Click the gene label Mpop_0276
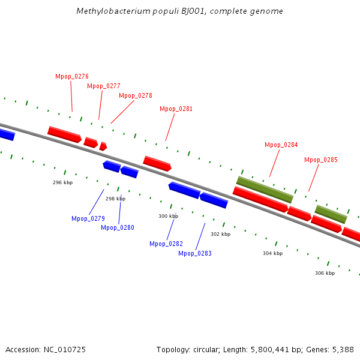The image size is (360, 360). (72, 76)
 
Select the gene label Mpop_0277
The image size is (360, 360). (104, 86)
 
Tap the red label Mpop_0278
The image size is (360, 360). (136, 96)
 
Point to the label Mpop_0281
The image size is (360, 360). (176, 109)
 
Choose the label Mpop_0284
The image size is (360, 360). (281, 145)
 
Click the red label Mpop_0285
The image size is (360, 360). (321, 160)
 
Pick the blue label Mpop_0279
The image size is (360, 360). (88, 218)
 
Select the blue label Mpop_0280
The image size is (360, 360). (118, 228)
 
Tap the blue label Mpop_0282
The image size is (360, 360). (166, 244)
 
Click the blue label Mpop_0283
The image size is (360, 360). (195, 253)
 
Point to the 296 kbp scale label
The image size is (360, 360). (62, 182)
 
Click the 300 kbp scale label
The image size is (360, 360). (168, 216)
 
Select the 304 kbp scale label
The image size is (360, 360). (273, 253)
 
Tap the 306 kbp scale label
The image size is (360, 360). (325, 273)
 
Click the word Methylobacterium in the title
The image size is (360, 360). (113, 11)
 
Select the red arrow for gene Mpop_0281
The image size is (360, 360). (157, 163)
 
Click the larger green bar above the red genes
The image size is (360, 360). (265, 190)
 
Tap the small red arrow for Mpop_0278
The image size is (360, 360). (103, 146)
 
